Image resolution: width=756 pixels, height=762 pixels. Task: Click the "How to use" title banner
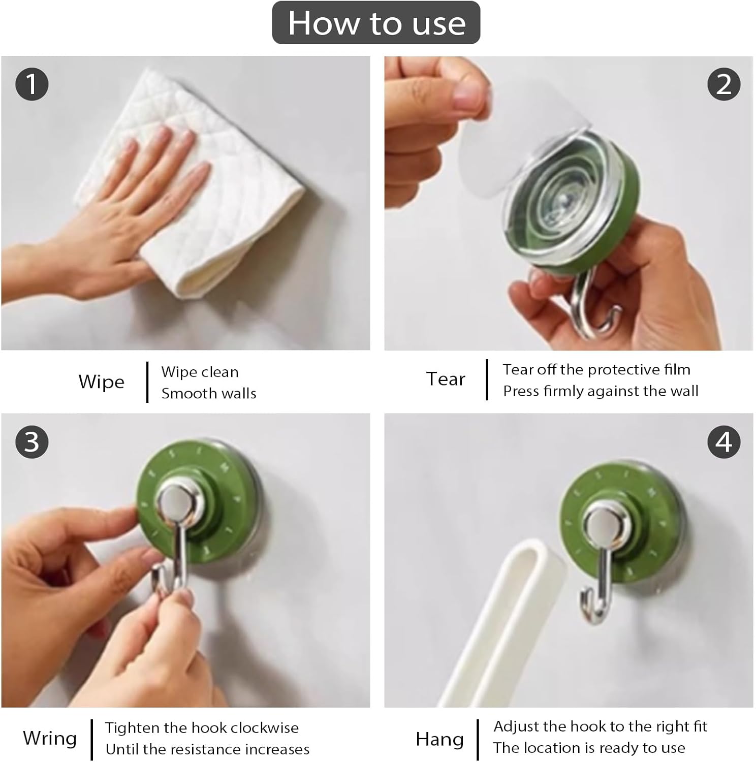376,23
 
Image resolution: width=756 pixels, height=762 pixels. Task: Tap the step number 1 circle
32,84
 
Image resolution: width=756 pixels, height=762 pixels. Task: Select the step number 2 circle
724,84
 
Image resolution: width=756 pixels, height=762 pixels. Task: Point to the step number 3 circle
32,441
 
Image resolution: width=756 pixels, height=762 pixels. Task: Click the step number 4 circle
724,441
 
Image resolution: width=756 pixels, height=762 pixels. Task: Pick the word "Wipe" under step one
101,382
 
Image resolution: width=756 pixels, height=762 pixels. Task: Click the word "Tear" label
446,379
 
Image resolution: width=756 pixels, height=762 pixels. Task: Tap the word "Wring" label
50,739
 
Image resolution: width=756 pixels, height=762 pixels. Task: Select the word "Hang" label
439,740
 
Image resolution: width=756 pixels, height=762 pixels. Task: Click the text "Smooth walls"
209,393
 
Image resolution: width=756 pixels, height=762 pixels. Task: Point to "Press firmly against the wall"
601,391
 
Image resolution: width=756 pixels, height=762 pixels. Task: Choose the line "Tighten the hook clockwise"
202,728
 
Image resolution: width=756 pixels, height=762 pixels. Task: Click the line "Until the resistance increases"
207,749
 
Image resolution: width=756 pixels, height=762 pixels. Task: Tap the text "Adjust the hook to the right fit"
600,727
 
